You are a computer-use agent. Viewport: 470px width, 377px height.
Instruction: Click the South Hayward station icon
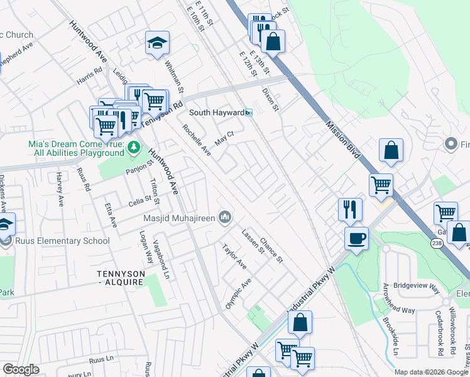(x=249, y=112)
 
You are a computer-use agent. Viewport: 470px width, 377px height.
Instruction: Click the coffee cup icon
(x=357, y=239)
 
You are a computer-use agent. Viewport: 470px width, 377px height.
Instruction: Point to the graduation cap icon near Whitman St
(x=158, y=43)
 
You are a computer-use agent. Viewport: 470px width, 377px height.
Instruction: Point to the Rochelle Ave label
(x=197, y=140)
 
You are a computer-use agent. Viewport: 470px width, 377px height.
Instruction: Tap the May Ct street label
(x=224, y=138)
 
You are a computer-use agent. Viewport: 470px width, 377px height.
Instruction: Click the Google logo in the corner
(x=21, y=369)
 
